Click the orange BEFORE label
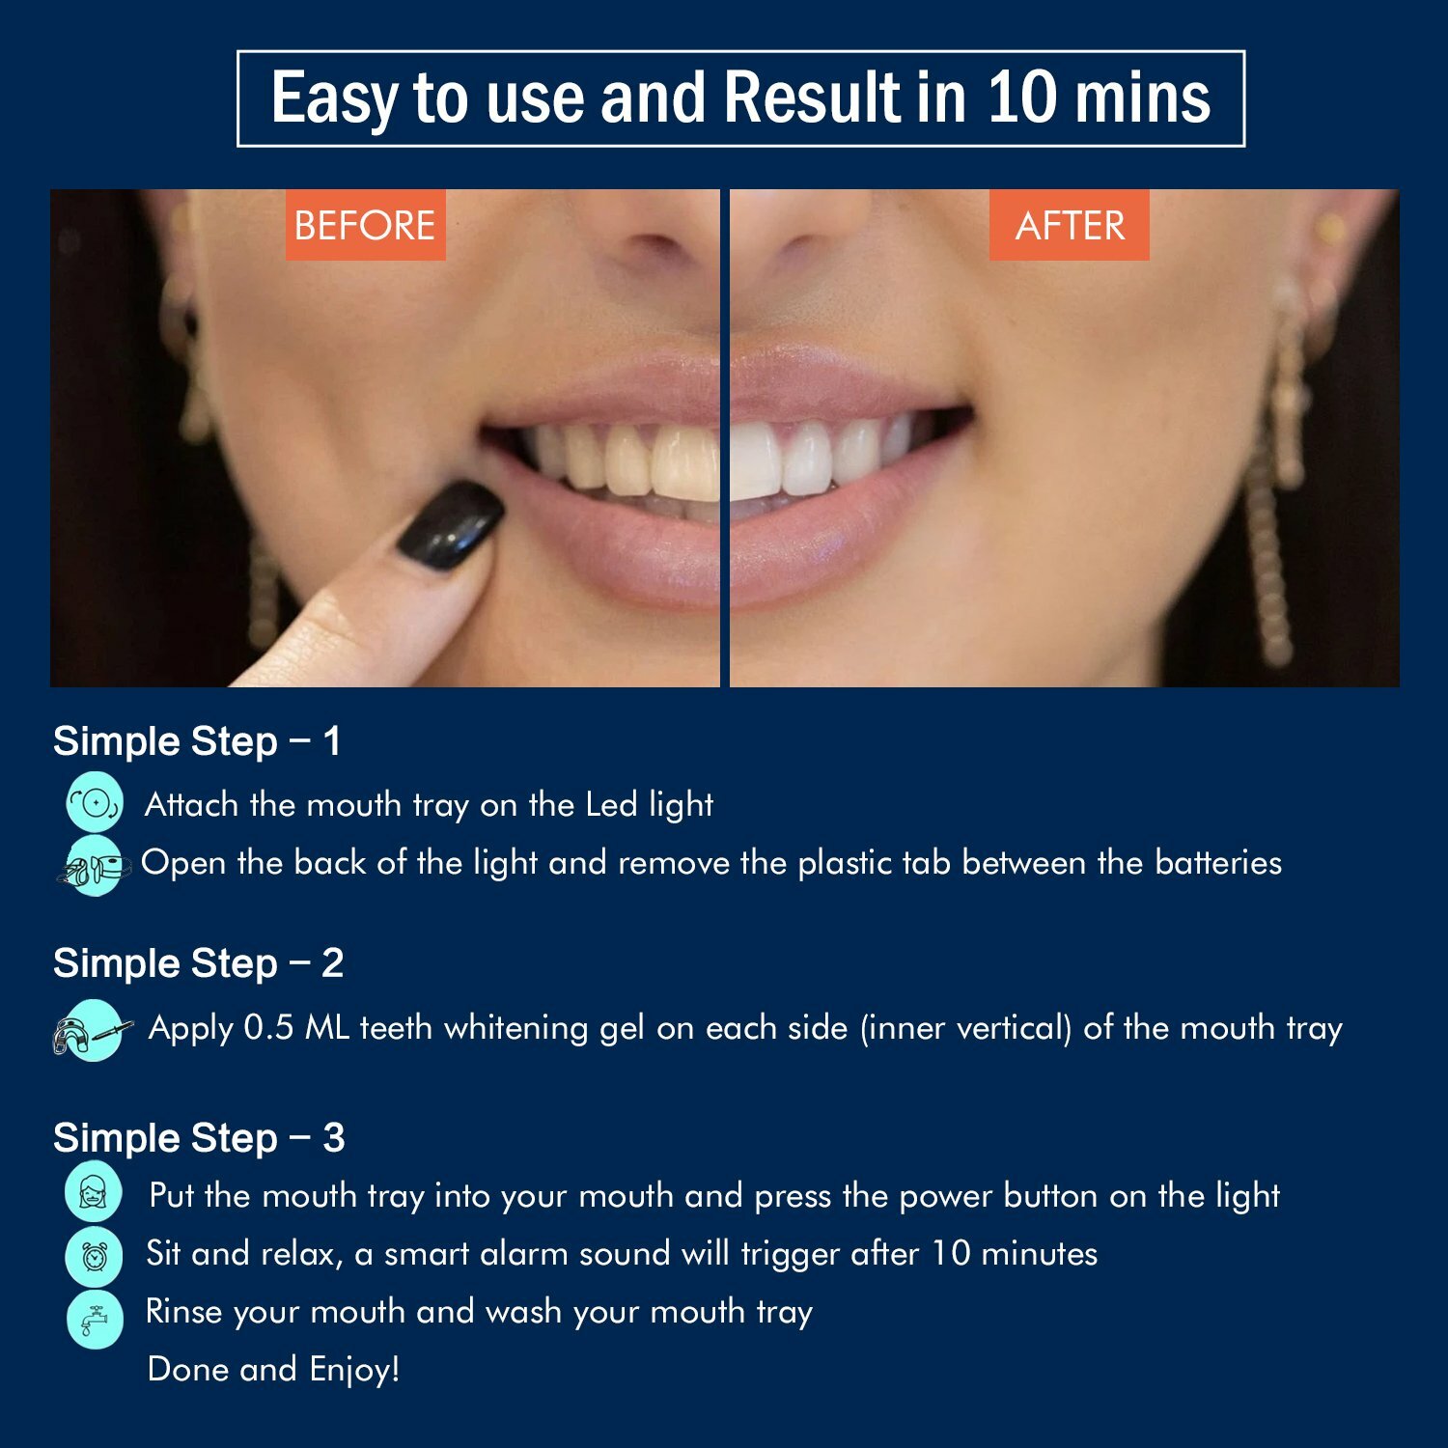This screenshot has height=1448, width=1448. pyautogui.click(x=365, y=226)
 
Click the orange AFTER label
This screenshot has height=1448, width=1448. pyautogui.click(x=1069, y=226)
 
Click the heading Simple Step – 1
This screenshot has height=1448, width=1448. pyautogui.click(x=197, y=741)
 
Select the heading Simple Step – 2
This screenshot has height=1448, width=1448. pyautogui.click(x=198, y=963)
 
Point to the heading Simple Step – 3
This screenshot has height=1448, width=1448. pyautogui.click(x=199, y=1138)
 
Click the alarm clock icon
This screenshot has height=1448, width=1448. pyautogui.click(x=95, y=1255)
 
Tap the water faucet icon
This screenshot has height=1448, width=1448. pyautogui.click(x=95, y=1318)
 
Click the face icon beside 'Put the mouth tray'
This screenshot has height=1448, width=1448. pyautogui.click(x=94, y=1192)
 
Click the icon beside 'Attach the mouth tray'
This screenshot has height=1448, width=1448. pyautogui.click(x=95, y=802)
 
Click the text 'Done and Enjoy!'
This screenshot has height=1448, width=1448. pyautogui.click(x=273, y=1369)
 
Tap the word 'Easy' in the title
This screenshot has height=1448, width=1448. pyautogui.click(x=334, y=99)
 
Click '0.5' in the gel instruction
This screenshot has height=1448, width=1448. pyautogui.click(x=268, y=1027)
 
